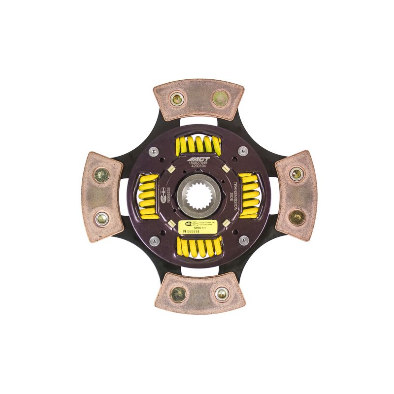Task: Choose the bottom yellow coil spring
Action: click(x=197, y=247)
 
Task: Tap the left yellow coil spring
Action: click(x=146, y=196)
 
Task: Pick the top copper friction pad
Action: click(x=197, y=100)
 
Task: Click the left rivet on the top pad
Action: click(x=176, y=99)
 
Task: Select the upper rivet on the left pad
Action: click(x=101, y=175)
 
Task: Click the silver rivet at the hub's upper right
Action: click(x=242, y=152)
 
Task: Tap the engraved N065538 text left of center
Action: click(x=168, y=196)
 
